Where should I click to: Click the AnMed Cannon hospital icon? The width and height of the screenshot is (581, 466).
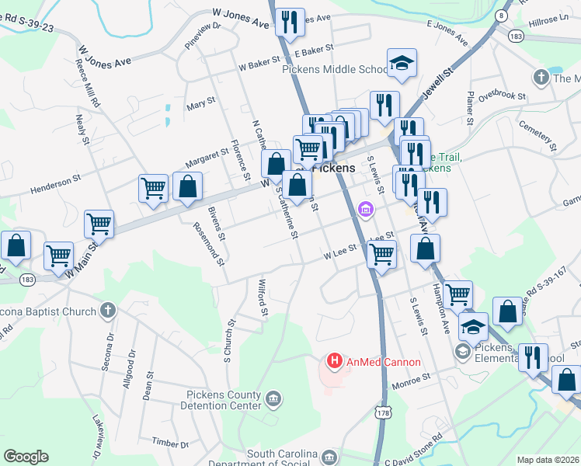pos(335,361)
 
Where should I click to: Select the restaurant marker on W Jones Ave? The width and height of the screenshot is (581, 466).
pos(289,23)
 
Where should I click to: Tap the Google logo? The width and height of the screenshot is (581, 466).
pos(26,456)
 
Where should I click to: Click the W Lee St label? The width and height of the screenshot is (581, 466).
pos(339,250)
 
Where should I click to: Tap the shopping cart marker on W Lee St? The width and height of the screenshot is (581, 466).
pos(381,253)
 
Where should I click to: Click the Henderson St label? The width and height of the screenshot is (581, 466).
pos(55,184)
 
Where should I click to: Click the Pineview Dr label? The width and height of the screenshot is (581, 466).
pos(203,36)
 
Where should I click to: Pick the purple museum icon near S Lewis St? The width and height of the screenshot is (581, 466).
pos(366,208)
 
